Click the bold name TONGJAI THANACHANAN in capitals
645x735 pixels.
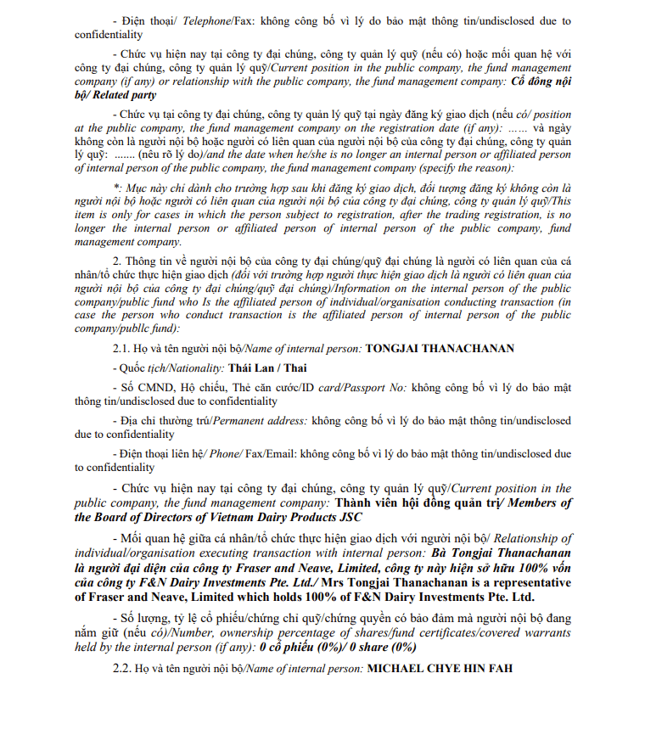(x=440, y=349)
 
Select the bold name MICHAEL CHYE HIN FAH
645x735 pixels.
(x=440, y=669)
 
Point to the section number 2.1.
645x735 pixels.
(x=123, y=349)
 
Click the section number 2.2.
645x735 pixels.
(x=123, y=669)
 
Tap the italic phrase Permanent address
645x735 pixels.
(x=260, y=420)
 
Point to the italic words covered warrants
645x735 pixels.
(x=529, y=634)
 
